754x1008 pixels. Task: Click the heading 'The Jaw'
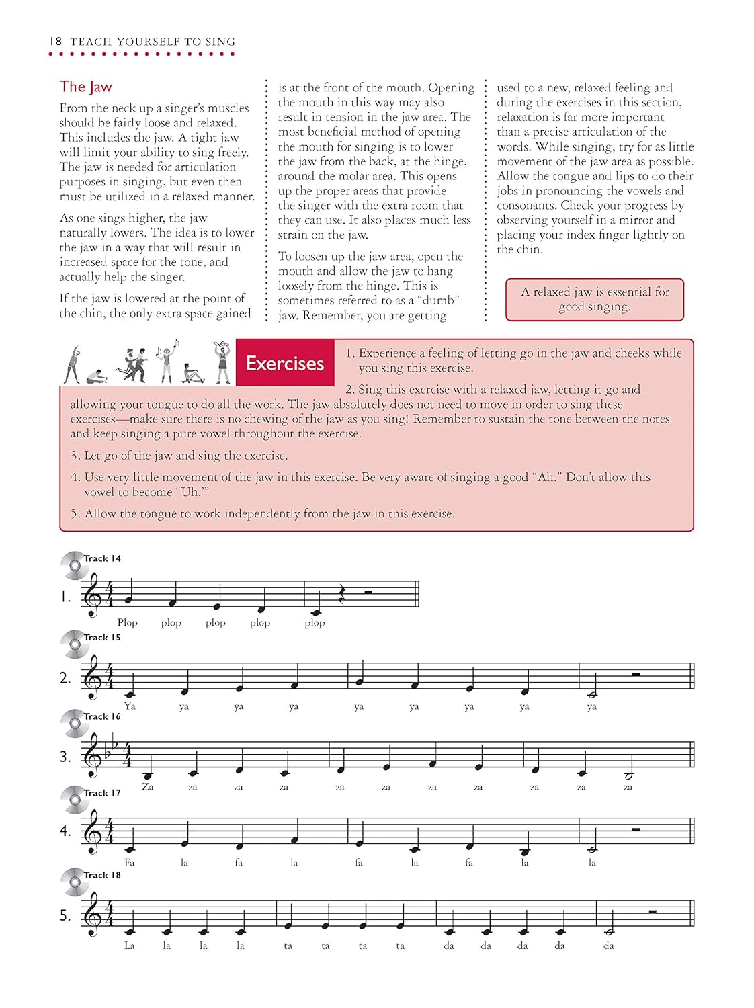[85, 87]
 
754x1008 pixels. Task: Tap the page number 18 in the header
[55, 42]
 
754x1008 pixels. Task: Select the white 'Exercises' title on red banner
[285, 364]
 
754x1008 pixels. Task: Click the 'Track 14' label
[102, 558]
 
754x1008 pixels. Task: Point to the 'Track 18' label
[102, 875]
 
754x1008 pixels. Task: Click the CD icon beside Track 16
[73, 723]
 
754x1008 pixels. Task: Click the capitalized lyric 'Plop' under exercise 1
[127, 623]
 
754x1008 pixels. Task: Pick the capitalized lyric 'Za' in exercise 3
[148, 787]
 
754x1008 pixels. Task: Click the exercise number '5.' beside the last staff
[65, 915]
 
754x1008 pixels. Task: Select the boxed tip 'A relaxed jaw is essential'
[595, 300]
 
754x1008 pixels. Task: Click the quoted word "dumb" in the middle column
[437, 300]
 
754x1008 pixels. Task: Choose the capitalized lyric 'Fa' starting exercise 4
[130, 863]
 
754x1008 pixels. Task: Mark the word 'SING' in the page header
[220, 42]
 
